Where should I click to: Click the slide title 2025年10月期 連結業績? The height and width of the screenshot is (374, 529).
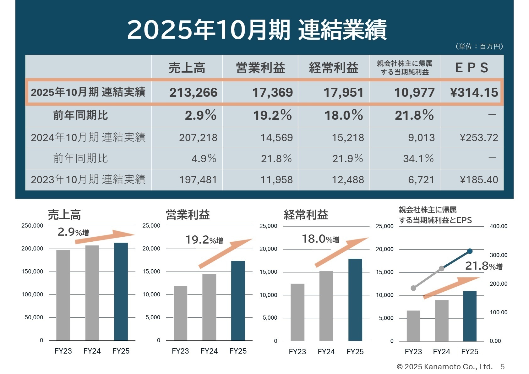pyautogui.click(x=257, y=30)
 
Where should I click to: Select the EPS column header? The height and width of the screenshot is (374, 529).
pyautogui.click(x=472, y=68)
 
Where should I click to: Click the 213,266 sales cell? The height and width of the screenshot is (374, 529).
pyautogui.click(x=193, y=92)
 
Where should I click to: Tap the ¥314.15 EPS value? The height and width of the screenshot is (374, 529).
pyautogui.click(x=474, y=92)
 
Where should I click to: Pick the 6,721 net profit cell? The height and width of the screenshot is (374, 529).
pyautogui.click(x=421, y=180)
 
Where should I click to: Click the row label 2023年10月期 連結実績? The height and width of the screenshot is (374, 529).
pyautogui.click(x=88, y=179)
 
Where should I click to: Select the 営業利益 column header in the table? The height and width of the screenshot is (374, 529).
pyautogui.click(x=260, y=68)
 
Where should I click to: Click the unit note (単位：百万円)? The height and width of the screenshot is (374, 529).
pyautogui.click(x=479, y=47)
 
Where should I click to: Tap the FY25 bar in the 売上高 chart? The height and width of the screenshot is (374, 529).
pyautogui.click(x=121, y=291)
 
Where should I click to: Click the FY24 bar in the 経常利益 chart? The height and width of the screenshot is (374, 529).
pyautogui.click(x=326, y=305)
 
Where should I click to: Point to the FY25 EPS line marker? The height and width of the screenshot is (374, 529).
pyautogui.click(x=470, y=251)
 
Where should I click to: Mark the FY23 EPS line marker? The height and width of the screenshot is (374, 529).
pyautogui.click(x=413, y=288)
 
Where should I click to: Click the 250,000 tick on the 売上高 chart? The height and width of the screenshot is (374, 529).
pyautogui.click(x=32, y=226)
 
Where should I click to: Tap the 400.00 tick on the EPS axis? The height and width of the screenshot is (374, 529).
pyautogui.click(x=498, y=226)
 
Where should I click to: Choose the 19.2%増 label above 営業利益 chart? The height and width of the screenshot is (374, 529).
pyautogui.click(x=204, y=240)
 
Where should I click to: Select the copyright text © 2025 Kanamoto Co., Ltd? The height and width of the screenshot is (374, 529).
pyautogui.click(x=444, y=367)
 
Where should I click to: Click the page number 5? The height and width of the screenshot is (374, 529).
pyautogui.click(x=503, y=367)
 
